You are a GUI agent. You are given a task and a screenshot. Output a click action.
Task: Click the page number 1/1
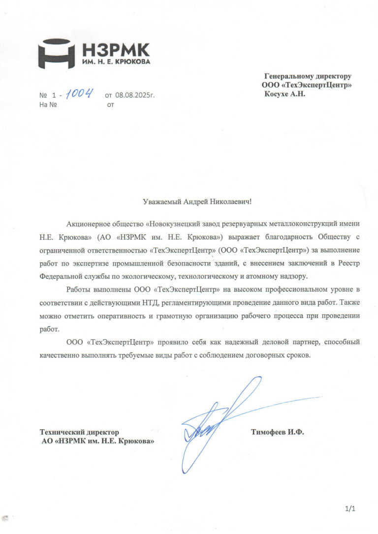[x=350, y=508]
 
